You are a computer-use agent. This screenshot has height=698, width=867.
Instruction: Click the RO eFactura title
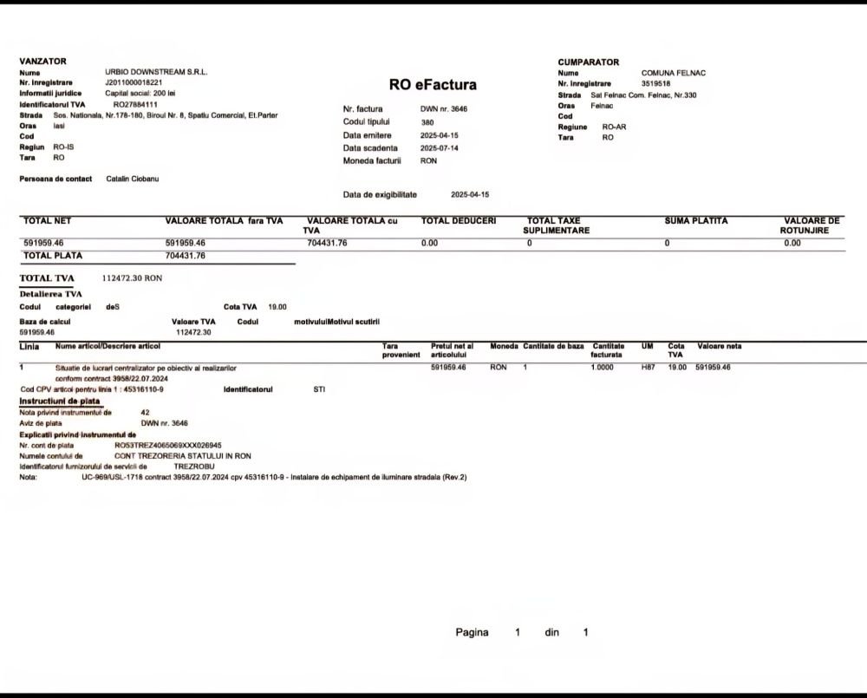(x=433, y=85)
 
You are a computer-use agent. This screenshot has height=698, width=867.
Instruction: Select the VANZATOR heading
(x=42, y=62)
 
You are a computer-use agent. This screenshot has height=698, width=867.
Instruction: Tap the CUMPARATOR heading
(x=589, y=62)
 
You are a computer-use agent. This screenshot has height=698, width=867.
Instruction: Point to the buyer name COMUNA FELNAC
(x=674, y=73)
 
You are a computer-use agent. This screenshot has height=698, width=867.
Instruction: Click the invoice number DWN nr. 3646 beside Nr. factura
(x=444, y=109)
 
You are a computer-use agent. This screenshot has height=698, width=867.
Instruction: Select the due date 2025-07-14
(x=440, y=148)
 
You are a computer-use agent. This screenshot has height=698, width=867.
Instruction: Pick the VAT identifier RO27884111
(x=135, y=104)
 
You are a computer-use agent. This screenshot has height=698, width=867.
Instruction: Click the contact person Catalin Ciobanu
(x=132, y=179)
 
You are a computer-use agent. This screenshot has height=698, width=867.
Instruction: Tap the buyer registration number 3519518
(x=656, y=83)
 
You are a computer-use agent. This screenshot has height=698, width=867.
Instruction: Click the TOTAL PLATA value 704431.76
(x=186, y=257)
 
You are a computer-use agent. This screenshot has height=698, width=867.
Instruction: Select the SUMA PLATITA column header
(x=696, y=221)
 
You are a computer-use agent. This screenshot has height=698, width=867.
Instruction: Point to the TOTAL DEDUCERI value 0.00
(x=429, y=244)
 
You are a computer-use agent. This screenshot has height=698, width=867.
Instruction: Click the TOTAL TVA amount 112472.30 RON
(x=126, y=278)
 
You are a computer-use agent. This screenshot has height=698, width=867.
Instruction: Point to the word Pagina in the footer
(x=472, y=633)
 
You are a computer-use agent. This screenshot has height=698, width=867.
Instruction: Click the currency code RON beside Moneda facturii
(x=428, y=161)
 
